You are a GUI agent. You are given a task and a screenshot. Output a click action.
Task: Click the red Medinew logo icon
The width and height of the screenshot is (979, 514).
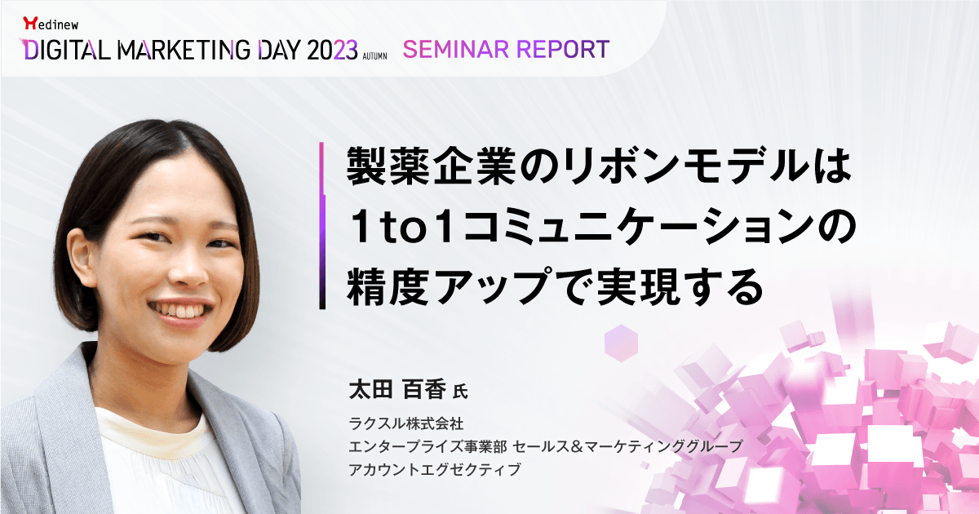pyautogui.click(x=30, y=23)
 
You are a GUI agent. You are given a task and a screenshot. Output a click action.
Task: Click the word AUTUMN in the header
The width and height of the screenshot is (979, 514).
pyautogui.click(x=374, y=56)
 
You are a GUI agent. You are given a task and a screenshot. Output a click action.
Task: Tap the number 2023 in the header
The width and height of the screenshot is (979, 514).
pyautogui.click(x=332, y=50)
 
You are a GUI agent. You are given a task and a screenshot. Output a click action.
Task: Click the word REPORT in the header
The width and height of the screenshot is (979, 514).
pyautogui.click(x=564, y=49)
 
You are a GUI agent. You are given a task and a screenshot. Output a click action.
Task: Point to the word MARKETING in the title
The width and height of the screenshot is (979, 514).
pyautogui.click(x=184, y=50)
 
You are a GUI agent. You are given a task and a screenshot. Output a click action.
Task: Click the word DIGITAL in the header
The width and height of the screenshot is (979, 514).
pyautogui.click(x=67, y=50)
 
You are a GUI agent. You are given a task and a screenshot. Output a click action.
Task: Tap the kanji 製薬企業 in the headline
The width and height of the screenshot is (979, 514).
pyautogui.click(x=432, y=166)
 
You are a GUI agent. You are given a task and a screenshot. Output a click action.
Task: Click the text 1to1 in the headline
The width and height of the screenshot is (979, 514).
pyautogui.click(x=402, y=227)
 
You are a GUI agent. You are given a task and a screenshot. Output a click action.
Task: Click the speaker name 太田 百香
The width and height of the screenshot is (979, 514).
pyautogui.click(x=396, y=389)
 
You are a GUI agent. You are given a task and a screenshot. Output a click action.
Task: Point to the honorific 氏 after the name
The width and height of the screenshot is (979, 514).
pyautogui.click(x=460, y=391)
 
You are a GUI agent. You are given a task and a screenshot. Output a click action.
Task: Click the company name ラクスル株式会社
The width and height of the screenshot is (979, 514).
pyautogui.click(x=406, y=423)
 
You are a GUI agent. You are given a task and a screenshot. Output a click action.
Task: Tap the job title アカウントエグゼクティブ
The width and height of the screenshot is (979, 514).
pyautogui.click(x=435, y=469)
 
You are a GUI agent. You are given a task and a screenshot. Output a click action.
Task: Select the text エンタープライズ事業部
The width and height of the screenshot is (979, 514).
pyautogui.click(x=427, y=446)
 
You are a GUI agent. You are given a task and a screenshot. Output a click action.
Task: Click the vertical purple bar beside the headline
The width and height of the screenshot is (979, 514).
pyautogui.click(x=322, y=225)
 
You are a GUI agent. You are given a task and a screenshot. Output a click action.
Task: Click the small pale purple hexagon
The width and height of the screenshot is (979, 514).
pyautogui.click(x=621, y=343)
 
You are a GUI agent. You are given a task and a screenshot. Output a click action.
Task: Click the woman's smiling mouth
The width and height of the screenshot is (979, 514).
pyautogui.click(x=180, y=311)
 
